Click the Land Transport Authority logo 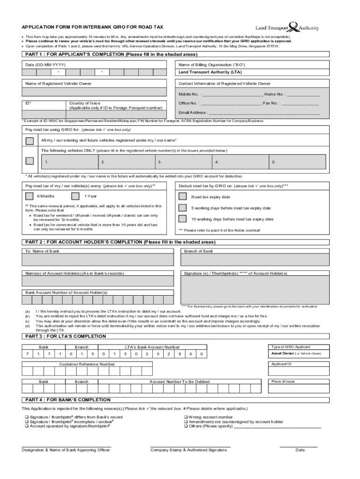point(287,27)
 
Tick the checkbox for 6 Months point(29,196)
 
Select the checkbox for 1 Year point(75,196)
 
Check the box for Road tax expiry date point(183,197)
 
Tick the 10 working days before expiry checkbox point(183,219)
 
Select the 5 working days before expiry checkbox point(183,208)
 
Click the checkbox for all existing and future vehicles point(29,140)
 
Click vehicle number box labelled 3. point(184,162)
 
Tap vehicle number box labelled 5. point(298,162)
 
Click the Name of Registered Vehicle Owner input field point(95,93)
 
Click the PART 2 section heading point(120,242)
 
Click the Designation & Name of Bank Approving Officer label point(66,450)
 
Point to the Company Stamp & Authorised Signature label point(188,450)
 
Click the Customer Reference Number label point(87,364)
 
